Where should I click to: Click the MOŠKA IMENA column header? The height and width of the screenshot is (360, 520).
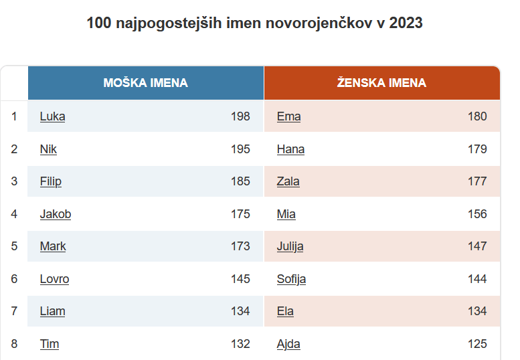[x=146, y=82]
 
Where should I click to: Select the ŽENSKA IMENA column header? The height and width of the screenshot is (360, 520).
[x=381, y=82]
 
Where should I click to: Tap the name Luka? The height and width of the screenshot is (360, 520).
[x=52, y=116]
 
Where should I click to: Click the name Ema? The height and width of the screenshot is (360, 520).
[x=289, y=116]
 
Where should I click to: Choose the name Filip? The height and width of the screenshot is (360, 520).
[x=51, y=181]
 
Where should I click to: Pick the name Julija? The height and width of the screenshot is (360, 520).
[x=290, y=246]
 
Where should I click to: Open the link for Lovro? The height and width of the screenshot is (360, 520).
[x=54, y=279]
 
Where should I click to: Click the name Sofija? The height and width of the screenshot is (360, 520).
[x=292, y=279]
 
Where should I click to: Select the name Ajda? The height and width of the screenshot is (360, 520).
[x=288, y=344]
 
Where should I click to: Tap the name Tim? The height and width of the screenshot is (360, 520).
[x=50, y=344]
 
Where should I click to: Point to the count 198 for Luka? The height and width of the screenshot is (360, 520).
[x=240, y=116]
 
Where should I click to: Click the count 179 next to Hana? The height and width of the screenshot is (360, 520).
[x=477, y=149]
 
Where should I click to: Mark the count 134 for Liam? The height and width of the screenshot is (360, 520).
[x=240, y=311]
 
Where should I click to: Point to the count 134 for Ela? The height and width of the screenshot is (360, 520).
[x=477, y=311]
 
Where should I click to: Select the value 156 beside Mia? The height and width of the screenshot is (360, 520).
[x=477, y=214]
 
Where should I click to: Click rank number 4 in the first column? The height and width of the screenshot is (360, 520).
[x=14, y=214]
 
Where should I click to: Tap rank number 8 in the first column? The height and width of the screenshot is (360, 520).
[x=14, y=344]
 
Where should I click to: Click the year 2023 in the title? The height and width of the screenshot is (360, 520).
[x=406, y=23]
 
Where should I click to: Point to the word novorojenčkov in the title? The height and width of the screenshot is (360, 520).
[x=319, y=23]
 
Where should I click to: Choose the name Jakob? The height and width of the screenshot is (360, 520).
[x=56, y=214]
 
